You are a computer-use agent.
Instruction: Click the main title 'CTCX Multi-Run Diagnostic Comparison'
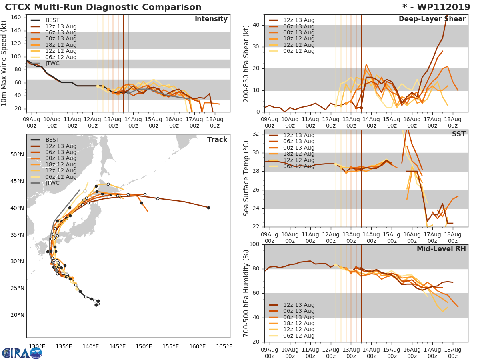tap(103, 7)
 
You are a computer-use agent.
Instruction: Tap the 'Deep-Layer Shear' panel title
tap(432, 19)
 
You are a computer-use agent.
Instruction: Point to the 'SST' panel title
tap(458, 134)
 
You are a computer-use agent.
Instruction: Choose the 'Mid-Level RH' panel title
tap(441, 249)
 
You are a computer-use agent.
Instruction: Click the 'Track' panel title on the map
tap(217, 140)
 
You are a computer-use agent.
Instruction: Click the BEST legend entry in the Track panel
tap(52, 140)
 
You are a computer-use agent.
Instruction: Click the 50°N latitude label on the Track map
tap(17, 155)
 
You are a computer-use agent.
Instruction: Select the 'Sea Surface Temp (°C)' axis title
tap(246, 179)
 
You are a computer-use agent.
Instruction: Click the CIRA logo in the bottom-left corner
tap(22, 353)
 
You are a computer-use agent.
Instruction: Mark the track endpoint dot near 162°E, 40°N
tap(208, 208)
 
